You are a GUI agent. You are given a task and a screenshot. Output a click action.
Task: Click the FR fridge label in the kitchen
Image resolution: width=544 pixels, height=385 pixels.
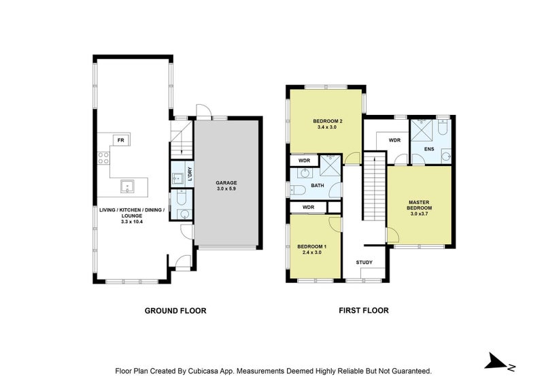click(121, 140)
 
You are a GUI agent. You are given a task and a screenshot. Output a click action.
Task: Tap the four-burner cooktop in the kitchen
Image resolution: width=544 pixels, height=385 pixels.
click(103, 158)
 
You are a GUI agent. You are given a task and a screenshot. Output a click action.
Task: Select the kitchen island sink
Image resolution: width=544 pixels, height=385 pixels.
click(128, 186)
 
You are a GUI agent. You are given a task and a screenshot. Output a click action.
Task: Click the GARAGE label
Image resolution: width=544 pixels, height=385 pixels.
click(226, 182)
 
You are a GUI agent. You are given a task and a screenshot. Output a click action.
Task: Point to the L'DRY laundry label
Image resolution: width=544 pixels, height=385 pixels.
click(190, 174)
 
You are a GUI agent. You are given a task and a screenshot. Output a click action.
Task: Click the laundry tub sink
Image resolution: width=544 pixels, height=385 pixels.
click(177, 178)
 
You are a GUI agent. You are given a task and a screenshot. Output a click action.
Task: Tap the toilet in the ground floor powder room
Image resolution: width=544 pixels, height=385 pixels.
click(182, 197)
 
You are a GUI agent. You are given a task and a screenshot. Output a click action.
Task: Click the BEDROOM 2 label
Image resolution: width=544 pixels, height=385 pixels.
click(328, 121)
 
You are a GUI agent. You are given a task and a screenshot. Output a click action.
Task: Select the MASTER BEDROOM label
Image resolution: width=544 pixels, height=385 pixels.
click(419, 205)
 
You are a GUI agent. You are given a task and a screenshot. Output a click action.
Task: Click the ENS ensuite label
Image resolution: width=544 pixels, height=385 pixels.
click(429, 149)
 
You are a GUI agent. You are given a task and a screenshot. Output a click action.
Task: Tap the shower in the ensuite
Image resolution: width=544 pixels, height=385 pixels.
click(422, 130)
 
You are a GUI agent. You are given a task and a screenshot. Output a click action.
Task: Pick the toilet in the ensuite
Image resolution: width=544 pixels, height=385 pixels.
click(443, 127)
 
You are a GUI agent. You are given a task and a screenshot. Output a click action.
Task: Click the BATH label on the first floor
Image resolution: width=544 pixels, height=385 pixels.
click(318, 186)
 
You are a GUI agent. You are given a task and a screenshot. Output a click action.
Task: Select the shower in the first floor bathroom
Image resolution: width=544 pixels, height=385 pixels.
click(330, 165)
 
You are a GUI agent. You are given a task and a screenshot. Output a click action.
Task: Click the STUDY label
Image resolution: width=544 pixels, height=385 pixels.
click(364, 262)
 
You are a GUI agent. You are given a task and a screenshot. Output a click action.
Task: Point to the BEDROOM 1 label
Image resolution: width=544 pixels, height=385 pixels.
click(311, 246)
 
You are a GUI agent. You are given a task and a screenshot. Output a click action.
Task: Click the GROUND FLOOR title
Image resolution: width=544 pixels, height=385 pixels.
click(175, 311)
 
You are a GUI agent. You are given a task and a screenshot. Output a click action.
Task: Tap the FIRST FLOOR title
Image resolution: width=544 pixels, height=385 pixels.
click(364, 310)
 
